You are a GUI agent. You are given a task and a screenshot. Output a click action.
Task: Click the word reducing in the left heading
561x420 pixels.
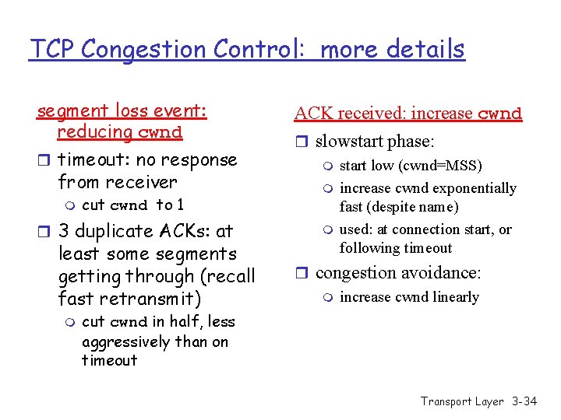[93, 131]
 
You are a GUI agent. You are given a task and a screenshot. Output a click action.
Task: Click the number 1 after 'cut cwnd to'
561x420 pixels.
[180, 205]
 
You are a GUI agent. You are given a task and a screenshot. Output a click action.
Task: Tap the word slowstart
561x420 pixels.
[350, 142]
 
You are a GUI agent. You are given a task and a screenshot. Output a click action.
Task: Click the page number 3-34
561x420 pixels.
[524, 401]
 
